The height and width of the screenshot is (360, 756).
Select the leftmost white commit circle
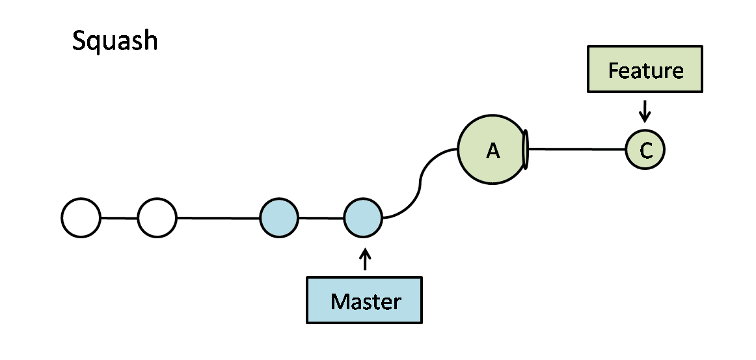[81, 217]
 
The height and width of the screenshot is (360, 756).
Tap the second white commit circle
[157, 217]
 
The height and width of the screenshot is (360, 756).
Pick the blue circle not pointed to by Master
[279, 217]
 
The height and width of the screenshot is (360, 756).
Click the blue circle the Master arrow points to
[364, 217]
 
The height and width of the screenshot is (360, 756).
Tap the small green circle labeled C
[645, 150]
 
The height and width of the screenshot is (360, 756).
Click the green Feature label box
[645, 69]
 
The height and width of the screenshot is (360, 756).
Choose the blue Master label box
[364, 300]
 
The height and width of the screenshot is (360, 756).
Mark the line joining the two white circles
[119, 217]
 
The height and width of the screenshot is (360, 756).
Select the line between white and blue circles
[218, 217]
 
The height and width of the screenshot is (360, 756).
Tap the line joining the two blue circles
[321, 217]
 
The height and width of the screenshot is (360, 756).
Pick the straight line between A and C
[576, 149]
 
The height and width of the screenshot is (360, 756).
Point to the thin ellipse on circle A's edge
[526, 149]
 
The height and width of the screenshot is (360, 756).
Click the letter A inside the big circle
[493, 151]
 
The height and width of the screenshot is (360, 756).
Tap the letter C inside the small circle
[645, 151]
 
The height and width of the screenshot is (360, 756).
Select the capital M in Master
[340, 301]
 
